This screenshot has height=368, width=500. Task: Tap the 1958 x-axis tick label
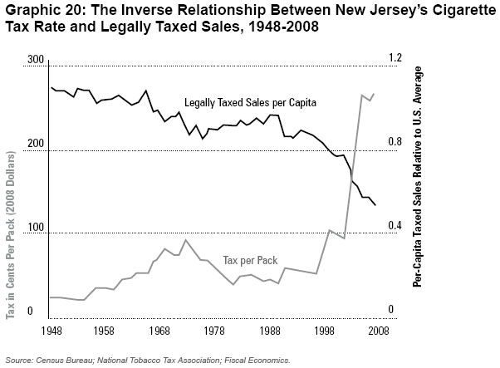(104, 330)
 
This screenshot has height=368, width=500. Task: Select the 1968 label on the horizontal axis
(159, 330)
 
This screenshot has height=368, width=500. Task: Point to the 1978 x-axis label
(214, 330)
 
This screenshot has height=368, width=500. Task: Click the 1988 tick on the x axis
(269, 330)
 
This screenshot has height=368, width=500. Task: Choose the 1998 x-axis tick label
(324, 330)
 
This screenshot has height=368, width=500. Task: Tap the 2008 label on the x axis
(379, 330)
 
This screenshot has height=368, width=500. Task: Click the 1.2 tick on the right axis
(392, 59)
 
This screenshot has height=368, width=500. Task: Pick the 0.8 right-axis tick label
(392, 143)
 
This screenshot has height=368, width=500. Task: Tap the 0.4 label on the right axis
(392, 225)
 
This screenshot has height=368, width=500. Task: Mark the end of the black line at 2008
(375, 205)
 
